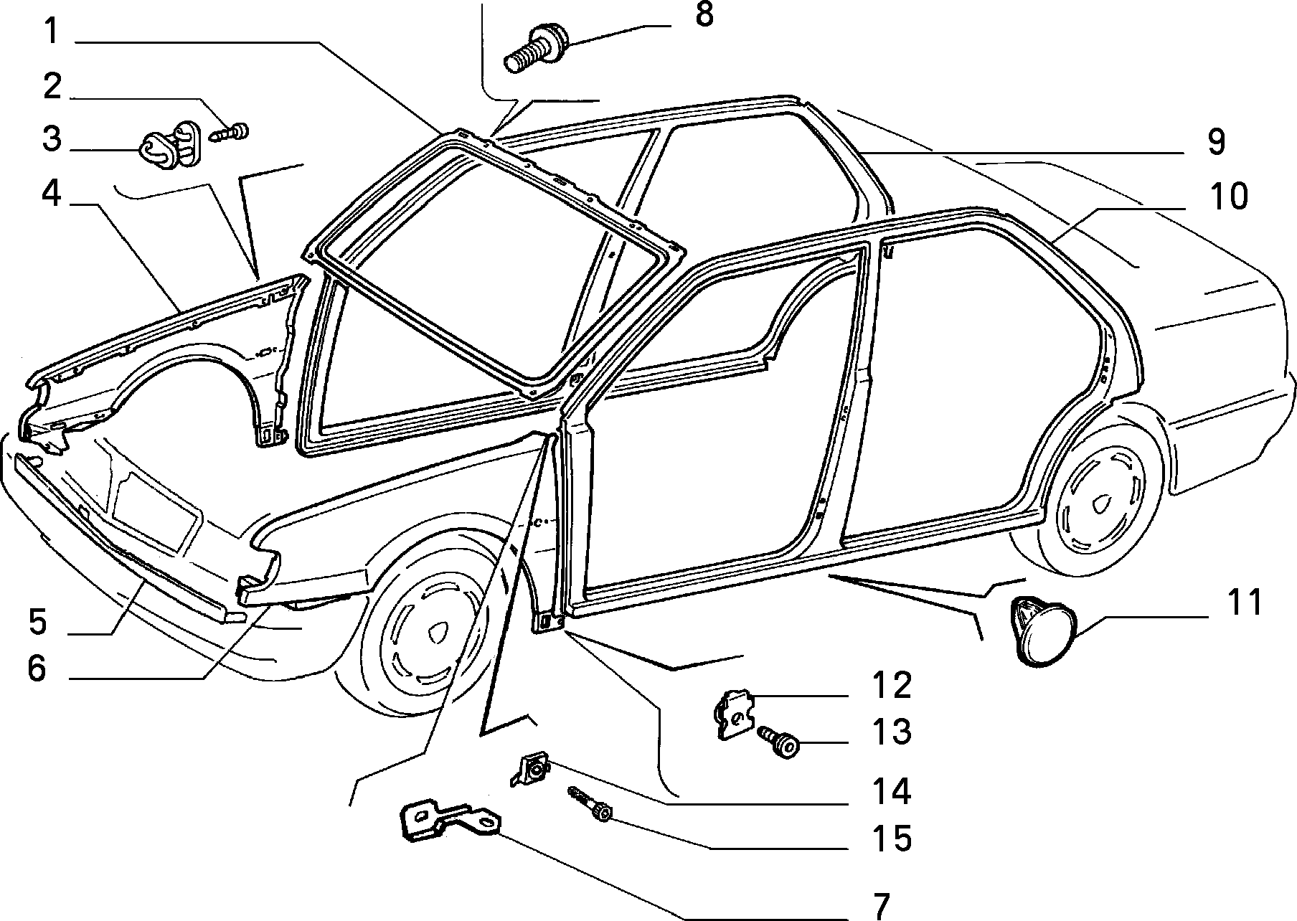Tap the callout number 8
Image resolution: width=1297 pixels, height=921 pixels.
click(704, 14)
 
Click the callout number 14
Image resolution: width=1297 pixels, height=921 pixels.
click(891, 791)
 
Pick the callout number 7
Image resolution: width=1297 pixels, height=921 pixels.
click(882, 905)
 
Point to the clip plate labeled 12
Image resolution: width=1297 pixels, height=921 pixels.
click(735, 714)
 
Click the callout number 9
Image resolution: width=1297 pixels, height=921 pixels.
click(1215, 143)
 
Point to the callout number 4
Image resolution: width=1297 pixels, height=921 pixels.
click(51, 195)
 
